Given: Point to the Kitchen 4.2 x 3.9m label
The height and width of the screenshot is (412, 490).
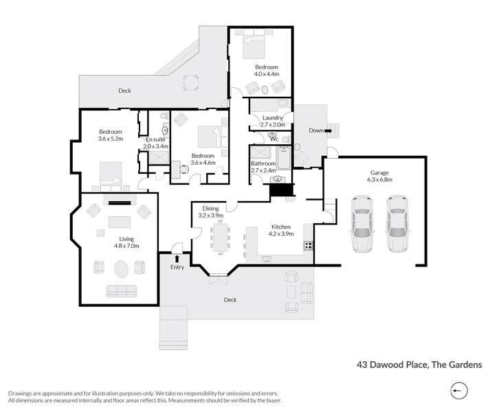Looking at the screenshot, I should (280, 230).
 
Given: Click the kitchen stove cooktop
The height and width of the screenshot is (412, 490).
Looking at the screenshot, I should (309, 245).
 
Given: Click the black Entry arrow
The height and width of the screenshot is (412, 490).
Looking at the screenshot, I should (177, 258).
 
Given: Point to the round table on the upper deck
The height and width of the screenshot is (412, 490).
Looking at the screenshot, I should (190, 82).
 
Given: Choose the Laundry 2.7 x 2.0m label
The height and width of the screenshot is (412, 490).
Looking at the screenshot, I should (273, 121).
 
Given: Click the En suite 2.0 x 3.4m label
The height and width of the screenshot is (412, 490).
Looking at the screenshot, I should (155, 143).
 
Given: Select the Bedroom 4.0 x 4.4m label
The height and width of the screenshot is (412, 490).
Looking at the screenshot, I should (266, 70).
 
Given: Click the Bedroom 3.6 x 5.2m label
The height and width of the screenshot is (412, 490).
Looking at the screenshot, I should (110, 135).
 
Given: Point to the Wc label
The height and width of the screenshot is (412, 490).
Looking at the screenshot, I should (273, 138).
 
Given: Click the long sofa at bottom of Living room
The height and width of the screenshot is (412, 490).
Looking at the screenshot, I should (121, 290).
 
